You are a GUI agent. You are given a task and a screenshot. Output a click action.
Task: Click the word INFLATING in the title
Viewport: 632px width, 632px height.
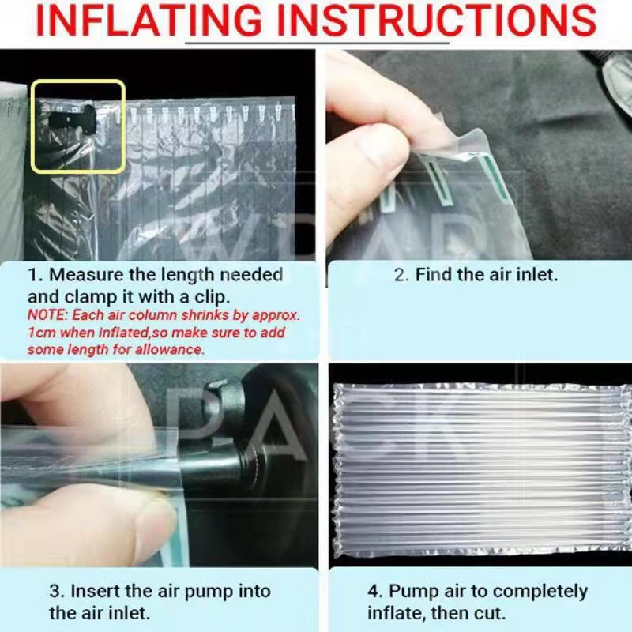pyautogui.click(x=149, y=21)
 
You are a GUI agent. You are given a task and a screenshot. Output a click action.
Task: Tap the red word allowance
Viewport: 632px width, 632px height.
pyautogui.click(x=169, y=349)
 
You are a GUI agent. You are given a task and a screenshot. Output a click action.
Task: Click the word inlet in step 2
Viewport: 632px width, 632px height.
pyautogui.click(x=537, y=275)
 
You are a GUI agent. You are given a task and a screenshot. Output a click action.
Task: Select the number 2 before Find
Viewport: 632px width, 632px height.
pyautogui.click(x=401, y=276)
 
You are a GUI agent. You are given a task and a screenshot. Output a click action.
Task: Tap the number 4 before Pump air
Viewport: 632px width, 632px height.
pyautogui.click(x=374, y=592)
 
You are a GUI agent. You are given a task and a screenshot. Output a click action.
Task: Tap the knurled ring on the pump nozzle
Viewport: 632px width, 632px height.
pyautogui.click(x=253, y=468)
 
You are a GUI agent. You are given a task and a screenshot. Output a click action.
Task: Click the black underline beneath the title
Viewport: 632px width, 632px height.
pyautogui.click(x=318, y=41)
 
